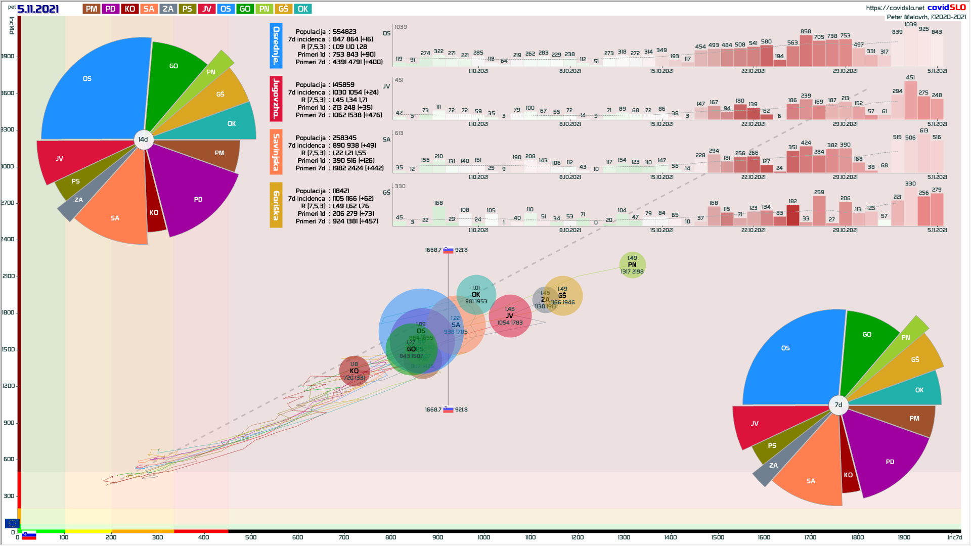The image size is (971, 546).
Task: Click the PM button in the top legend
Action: point(92,9)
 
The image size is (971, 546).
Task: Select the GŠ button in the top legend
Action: point(283,9)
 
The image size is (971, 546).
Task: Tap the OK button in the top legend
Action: point(302,9)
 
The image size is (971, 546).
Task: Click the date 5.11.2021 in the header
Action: point(38,9)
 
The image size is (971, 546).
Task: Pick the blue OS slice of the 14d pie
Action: point(91,91)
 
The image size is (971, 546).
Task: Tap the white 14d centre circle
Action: point(144,140)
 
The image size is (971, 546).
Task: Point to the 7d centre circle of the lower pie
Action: point(838,404)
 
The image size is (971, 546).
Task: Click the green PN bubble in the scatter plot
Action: point(632,265)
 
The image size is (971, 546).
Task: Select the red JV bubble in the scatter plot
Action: point(510,316)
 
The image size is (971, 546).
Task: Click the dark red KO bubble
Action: point(354,371)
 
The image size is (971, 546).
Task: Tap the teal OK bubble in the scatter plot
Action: point(476,294)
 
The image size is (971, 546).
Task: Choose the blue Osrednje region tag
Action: point(276,45)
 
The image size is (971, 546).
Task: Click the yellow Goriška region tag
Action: point(276,205)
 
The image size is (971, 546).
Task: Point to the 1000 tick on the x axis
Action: point(484,537)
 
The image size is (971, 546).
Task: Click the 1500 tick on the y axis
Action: point(9,349)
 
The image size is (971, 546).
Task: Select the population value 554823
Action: point(344,31)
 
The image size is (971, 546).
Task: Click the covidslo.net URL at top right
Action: point(895,8)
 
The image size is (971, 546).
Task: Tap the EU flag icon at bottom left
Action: point(12,523)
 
